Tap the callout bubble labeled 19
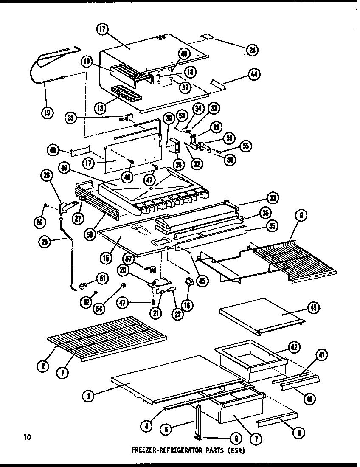(48, 113)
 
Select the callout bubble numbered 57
(127, 258)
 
